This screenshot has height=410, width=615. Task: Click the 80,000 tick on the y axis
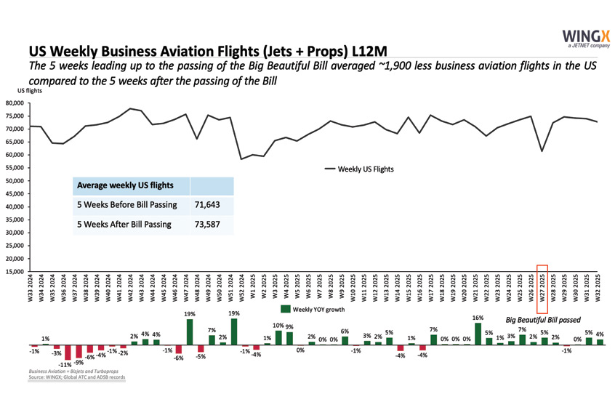(x=15, y=103)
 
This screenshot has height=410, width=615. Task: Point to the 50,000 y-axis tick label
(x=15, y=181)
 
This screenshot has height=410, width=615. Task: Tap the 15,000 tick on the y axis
(x=15, y=272)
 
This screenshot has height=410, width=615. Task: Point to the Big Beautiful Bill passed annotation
(x=543, y=319)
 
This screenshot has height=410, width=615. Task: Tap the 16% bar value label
(x=477, y=318)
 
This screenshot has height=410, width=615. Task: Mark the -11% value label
(x=65, y=364)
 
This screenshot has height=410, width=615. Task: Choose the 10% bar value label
(x=277, y=326)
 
